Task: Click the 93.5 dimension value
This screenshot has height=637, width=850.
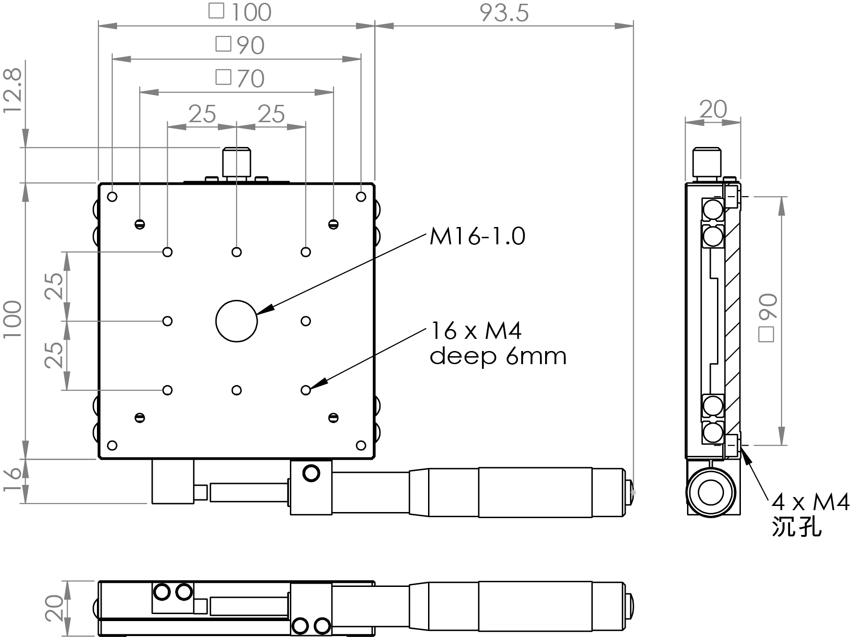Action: [504, 13]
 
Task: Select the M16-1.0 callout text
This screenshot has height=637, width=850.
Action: [477, 236]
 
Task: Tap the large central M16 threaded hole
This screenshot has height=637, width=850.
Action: [237, 321]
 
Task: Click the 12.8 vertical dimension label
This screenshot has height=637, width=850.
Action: [13, 91]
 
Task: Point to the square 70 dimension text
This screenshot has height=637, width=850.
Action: [240, 78]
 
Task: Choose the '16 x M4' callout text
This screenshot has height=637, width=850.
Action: [475, 331]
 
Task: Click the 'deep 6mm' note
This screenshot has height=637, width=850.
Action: [498, 357]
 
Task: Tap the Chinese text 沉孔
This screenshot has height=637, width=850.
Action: [796, 527]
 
